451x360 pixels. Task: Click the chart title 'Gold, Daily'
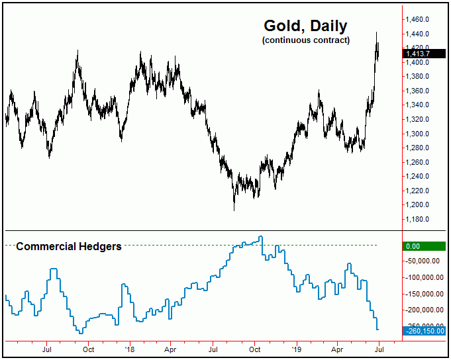coord(305,26)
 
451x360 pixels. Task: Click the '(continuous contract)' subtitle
coord(305,40)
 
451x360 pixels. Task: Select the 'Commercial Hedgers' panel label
coord(68,246)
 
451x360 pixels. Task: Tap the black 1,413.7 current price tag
coord(425,52)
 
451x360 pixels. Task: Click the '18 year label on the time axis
coord(130,349)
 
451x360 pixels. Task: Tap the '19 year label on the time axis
coord(297,349)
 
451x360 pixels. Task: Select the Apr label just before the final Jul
coord(338,349)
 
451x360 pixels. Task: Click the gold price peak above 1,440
coord(377,32)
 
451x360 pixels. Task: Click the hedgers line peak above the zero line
coord(261,237)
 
